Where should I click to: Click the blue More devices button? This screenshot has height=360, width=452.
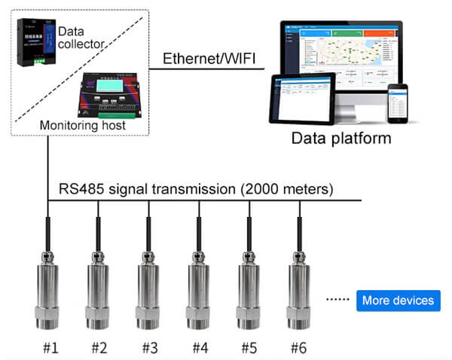pyautogui.click(x=398, y=301)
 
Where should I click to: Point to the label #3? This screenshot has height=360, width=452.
pyautogui.click(x=148, y=348)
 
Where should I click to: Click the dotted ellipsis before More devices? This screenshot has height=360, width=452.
pyautogui.click(x=337, y=301)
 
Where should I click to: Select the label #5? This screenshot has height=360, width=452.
pyautogui.click(x=249, y=348)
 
